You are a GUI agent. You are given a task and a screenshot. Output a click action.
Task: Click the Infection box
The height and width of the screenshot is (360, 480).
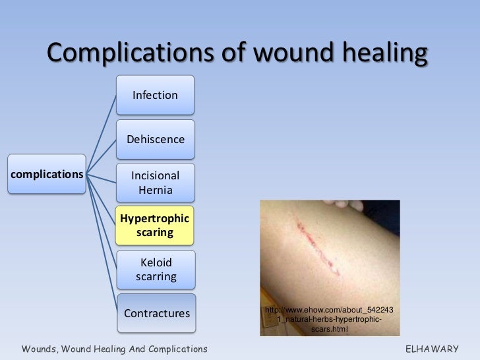pyautogui.click(x=155, y=95)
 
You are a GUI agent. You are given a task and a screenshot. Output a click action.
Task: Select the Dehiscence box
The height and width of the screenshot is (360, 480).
pyautogui.click(x=155, y=140)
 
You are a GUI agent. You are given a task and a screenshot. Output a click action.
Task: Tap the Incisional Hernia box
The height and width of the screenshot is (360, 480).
pyautogui.click(x=155, y=183)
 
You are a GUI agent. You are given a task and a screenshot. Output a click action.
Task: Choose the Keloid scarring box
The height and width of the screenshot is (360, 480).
pyautogui.click(x=156, y=270)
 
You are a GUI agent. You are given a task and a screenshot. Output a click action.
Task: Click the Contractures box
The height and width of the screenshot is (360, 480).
pyautogui.click(x=156, y=313)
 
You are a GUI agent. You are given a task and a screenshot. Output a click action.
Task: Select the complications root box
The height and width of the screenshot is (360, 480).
pyautogui.click(x=46, y=175)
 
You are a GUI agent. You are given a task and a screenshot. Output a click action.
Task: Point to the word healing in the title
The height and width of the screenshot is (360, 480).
pyautogui.click(x=382, y=54)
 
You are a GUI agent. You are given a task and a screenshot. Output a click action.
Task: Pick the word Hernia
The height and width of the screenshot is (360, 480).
pyautogui.click(x=155, y=191)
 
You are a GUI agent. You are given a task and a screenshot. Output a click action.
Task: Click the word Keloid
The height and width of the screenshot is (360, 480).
pyautogui.click(x=156, y=262)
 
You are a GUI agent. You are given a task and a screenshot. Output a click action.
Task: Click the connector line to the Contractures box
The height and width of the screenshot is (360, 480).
pyautogui.click(x=102, y=244)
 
